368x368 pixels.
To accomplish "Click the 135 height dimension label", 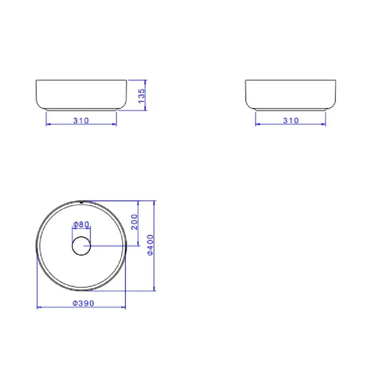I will coord(142,95).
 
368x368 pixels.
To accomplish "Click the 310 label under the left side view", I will coord(81,120).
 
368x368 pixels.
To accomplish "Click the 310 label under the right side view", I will coord(291,120).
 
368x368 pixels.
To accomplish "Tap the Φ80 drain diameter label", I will coord(81,224).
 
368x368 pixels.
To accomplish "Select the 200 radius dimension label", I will coord(134,222).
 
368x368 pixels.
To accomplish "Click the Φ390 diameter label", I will coord(83,303).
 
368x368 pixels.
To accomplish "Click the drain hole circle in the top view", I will coord(81,246).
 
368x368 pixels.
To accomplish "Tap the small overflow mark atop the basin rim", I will coord(81,202).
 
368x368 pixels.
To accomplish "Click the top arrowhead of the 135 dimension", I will coord(146,82).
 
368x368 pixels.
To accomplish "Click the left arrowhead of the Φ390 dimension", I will coord(39,307).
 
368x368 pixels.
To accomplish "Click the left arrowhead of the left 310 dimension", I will coord(47,124).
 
